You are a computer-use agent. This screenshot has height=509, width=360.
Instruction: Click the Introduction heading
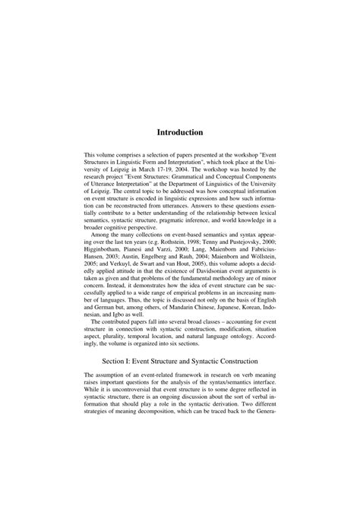point(180,132)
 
